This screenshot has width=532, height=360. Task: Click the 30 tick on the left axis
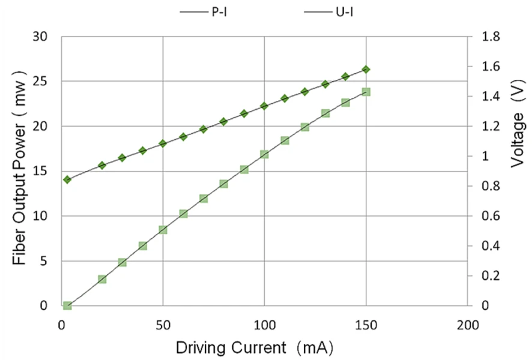[41, 37]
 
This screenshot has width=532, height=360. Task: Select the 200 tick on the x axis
[467, 326]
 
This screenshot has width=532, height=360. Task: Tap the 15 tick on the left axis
[41, 171]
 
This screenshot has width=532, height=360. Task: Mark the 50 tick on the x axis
[163, 326]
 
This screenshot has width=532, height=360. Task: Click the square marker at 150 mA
[366, 92]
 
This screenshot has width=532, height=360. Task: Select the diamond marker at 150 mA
[366, 70]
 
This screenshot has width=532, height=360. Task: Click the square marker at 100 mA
[264, 154]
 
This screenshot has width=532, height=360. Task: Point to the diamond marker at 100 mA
[264, 106]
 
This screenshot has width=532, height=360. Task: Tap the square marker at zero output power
[67, 306]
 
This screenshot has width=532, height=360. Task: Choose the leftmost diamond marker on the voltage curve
[67, 179]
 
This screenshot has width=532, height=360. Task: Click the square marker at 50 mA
[163, 230]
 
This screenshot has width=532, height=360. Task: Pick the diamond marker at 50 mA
[163, 143]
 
